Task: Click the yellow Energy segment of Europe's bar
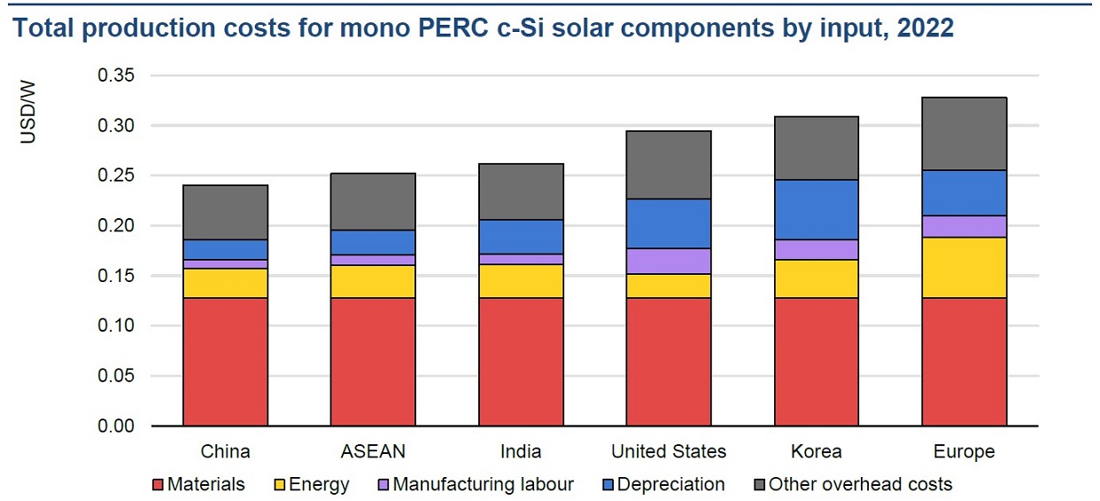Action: tap(964, 268)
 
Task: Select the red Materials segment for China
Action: tap(225, 362)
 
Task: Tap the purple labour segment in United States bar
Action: tap(669, 261)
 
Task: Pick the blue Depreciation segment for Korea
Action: tap(816, 209)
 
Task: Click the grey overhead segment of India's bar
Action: tap(521, 192)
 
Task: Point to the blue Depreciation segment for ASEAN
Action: tap(373, 242)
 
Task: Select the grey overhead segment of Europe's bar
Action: tap(964, 134)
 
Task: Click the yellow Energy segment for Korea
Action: tap(816, 278)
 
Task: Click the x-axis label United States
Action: tap(669, 451)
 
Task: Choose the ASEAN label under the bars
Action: tap(373, 451)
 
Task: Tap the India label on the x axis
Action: tap(521, 451)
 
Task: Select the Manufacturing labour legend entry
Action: tap(483, 485)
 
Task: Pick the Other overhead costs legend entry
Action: tap(860, 485)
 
